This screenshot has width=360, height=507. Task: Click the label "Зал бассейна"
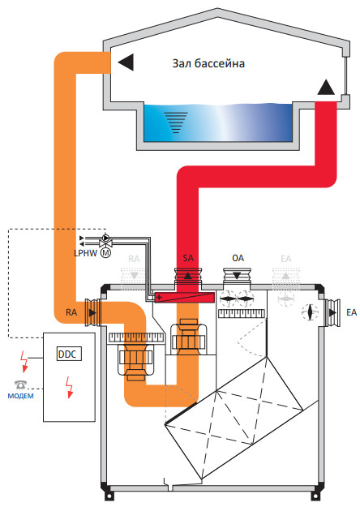tap(208, 63)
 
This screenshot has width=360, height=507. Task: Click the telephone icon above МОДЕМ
tap(20, 385)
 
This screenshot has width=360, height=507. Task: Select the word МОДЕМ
tap(20, 396)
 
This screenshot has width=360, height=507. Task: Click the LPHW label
tap(85, 253)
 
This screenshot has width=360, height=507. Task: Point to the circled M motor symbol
tap(105, 253)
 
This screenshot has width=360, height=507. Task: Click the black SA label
tap(188, 258)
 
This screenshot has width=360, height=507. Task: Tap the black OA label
tap(238, 258)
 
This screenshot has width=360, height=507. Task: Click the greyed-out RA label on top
tap(134, 259)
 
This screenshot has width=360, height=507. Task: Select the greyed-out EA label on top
tap(286, 259)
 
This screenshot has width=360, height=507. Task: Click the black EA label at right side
tap(351, 312)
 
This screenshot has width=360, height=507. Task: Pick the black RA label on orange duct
tap(71, 312)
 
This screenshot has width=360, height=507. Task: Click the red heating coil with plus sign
tap(184, 297)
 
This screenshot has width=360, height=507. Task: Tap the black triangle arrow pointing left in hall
tap(126, 62)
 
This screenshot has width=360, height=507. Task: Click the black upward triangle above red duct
tap(326, 87)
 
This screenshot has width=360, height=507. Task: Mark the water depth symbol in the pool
tap(176, 122)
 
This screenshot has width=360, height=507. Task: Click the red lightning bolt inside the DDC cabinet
tap(69, 387)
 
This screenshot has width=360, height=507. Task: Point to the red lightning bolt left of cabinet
tap(24, 361)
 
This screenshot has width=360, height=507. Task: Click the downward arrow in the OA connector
tap(237, 276)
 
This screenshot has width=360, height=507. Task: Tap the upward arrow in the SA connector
tap(188, 276)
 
